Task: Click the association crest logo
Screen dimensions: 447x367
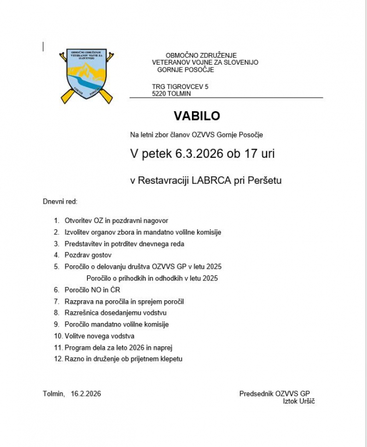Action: click(86, 76)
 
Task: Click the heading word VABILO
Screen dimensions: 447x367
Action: click(197, 116)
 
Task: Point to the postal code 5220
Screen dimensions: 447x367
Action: click(159, 93)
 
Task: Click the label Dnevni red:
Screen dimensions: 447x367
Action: click(60, 201)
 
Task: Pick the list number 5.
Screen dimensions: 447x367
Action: click(56, 267)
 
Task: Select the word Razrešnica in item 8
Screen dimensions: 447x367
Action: click(81, 313)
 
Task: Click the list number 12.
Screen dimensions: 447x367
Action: click(58, 359)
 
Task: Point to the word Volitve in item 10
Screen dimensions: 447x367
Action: click(75, 336)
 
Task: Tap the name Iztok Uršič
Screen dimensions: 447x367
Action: click(298, 402)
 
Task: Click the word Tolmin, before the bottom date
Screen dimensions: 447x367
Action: click(54, 394)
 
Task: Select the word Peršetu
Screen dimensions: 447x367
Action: click(265, 180)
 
